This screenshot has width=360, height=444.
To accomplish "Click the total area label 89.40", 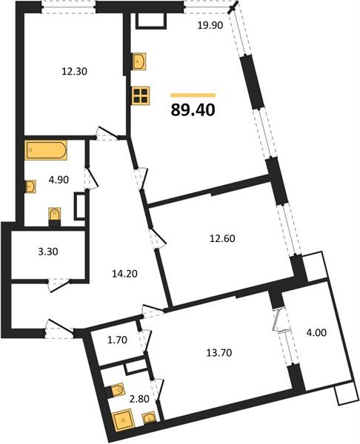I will click(x=193, y=111).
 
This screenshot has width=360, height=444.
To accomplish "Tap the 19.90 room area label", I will click(x=209, y=27).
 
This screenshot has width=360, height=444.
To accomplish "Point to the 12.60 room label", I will click(x=221, y=238).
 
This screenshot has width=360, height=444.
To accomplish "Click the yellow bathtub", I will click(x=46, y=151).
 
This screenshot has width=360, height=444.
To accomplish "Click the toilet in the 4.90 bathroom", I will click(x=54, y=215).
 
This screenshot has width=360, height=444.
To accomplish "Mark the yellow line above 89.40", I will click(x=193, y=95).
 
